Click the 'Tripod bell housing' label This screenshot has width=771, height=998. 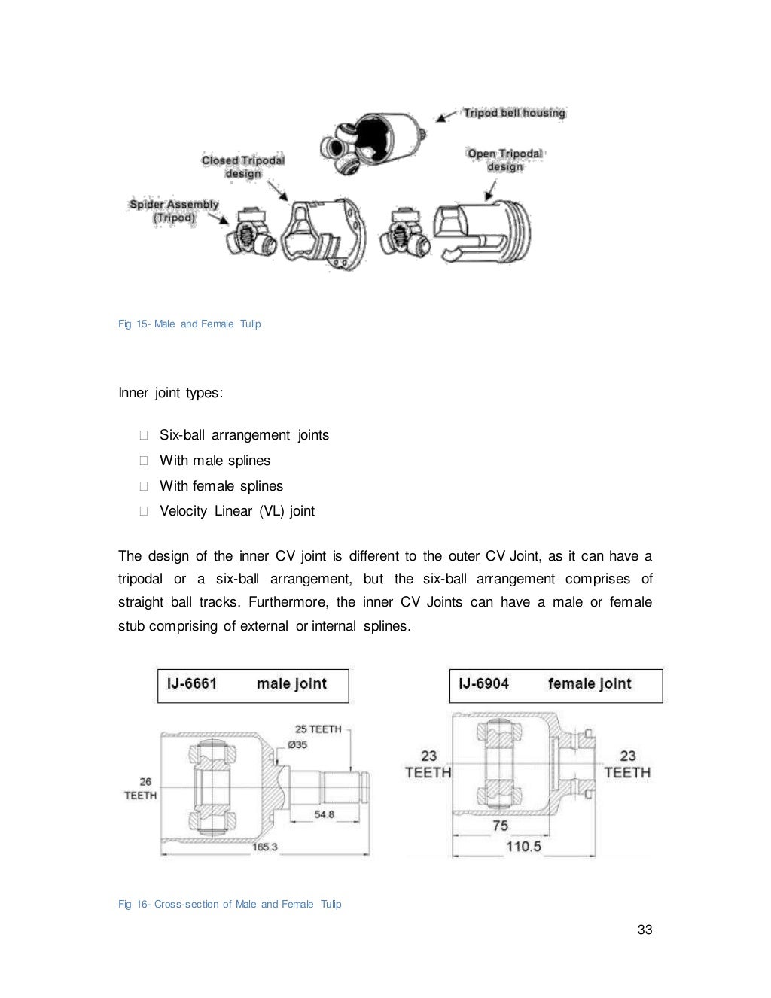click(513, 113)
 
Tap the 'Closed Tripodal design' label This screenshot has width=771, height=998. click(242, 166)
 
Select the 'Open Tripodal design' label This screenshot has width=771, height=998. click(504, 160)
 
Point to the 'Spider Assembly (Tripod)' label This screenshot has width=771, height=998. click(174, 211)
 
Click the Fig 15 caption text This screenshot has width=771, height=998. click(190, 324)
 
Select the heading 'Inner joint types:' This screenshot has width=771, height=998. click(171, 393)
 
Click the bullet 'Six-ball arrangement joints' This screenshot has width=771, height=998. click(244, 435)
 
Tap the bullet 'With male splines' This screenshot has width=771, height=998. click(215, 461)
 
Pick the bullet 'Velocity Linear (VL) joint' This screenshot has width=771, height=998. click(237, 511)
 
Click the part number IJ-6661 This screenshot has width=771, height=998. click(192, 683)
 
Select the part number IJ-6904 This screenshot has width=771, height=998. click(483, 683)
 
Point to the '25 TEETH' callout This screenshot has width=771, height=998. click(318, 729)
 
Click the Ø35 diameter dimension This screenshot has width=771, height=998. click(297, 744)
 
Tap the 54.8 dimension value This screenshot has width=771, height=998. click(324, 814)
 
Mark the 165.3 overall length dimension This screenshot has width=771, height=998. click(264, 847)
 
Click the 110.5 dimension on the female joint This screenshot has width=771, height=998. click(523, 847)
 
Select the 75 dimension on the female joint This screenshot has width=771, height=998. click(500, 826)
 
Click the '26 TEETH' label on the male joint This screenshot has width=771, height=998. click(141, 788)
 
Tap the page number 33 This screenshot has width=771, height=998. click(645, 930)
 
